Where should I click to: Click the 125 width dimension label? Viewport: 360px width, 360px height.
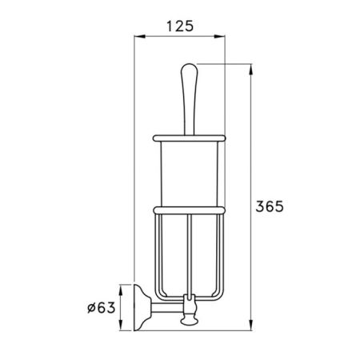pos(180,26)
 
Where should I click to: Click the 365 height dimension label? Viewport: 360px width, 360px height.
pos(270,206)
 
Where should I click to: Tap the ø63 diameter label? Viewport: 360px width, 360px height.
pos(102,308)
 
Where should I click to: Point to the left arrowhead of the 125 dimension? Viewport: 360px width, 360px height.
pos(139,37)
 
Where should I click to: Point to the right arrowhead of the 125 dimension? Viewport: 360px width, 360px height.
pos(219,37)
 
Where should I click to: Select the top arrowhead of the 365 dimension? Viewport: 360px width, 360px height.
pos(250,70)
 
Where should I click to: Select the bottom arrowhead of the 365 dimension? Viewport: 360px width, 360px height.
pos(250,325)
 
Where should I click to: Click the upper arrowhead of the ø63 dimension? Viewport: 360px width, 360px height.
pos(121,290)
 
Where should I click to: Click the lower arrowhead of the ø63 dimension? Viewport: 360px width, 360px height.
pos(121,325)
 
